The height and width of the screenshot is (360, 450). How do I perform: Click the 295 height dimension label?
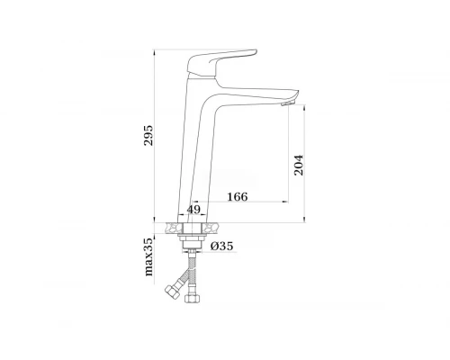pos(148,136)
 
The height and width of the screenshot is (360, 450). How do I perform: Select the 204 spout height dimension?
pos(299,166)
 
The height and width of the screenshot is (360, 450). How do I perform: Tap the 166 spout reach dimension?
pos(238,197)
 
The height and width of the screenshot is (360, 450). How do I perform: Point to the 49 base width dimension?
pos(193,209)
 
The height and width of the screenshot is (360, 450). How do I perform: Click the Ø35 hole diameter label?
pos(221,247)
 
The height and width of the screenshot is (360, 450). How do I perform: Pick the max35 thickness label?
pos(148,256)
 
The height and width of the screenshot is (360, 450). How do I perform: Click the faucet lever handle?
pos(221,62)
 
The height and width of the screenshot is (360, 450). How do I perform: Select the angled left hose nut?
pos(173,291)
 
